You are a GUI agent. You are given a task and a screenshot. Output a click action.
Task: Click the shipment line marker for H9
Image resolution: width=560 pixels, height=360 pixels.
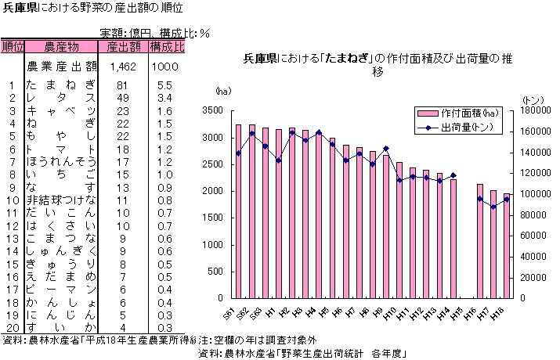[x=386, y=149]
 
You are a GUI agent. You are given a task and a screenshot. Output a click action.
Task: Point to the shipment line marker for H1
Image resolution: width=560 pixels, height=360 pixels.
[x=279, y=160]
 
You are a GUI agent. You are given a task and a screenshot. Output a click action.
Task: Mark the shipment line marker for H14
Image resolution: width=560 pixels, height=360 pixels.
[x=453, y=175]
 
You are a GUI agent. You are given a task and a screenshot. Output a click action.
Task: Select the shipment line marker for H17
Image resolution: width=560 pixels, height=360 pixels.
[x=493, y=207]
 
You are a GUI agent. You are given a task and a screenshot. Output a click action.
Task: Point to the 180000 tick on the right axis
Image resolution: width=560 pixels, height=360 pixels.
[x=533, y=111]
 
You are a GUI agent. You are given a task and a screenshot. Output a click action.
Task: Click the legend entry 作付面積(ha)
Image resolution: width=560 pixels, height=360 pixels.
[x=470, y=113]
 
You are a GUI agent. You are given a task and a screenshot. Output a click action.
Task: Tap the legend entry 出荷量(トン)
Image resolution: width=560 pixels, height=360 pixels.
[x=470, y=127]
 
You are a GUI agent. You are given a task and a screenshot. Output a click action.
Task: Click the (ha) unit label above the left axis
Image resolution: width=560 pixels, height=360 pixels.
[x=223, y=91]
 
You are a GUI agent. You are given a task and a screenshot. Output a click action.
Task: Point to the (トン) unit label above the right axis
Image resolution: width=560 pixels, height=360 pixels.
[x=532, y=99]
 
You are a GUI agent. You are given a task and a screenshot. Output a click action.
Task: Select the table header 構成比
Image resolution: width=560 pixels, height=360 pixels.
[x=167, y=47]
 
